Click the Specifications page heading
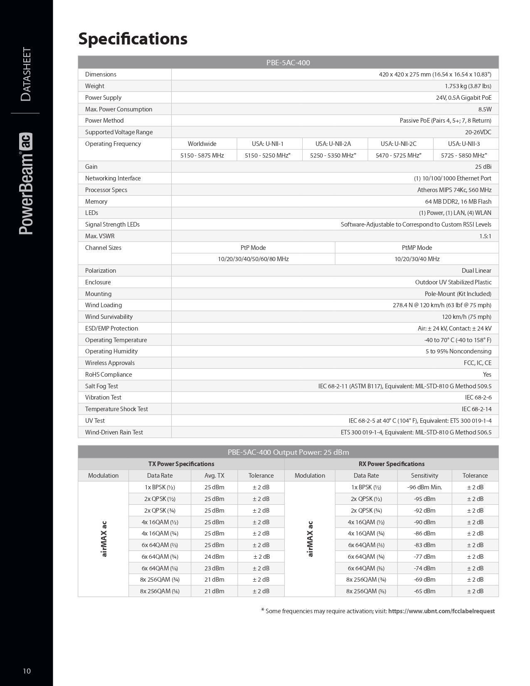click(x=133, y=39)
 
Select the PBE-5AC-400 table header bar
click(x=288, y=63)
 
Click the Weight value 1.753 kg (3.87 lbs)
click(x=468, y=86)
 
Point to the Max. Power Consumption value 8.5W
click(x=485, y=109)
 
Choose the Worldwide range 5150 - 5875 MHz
click(x=202, y=155)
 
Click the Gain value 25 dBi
click(x=483, y=167)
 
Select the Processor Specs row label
click(x=106, y=190)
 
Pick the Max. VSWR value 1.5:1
click(x=485, y=236)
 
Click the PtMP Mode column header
click(x=417, y=248)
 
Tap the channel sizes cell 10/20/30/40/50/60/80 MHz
click(x=253, y=259)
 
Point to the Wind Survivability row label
click(x=109, y=317)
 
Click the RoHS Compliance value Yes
click(x=487, y=375)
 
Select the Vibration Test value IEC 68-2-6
click(x=478, y=397)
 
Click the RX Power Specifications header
click(x=392, y=464)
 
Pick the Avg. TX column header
click(x=214, y=476)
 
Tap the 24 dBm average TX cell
click(x=214, y=557)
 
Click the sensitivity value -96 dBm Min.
click(x=424, y=487)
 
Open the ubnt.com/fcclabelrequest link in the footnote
click(x=441, y=611)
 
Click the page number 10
click(x=27, y=671)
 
